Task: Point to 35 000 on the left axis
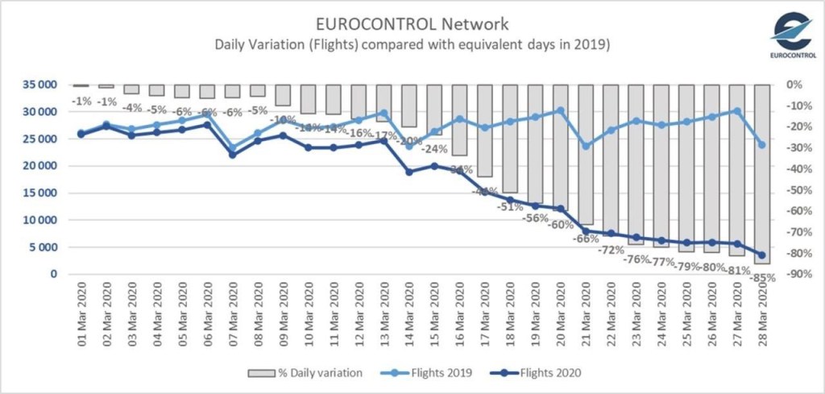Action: [37, 85]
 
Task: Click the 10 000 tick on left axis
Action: [37, 220]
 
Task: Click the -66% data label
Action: [586, 239]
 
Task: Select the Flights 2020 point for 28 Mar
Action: [761, 255]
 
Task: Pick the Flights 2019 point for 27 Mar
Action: [736, 111]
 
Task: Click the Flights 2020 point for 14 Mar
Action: [409, 172]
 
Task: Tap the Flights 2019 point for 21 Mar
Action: [586, 146]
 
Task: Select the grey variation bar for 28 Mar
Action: [761, 173]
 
